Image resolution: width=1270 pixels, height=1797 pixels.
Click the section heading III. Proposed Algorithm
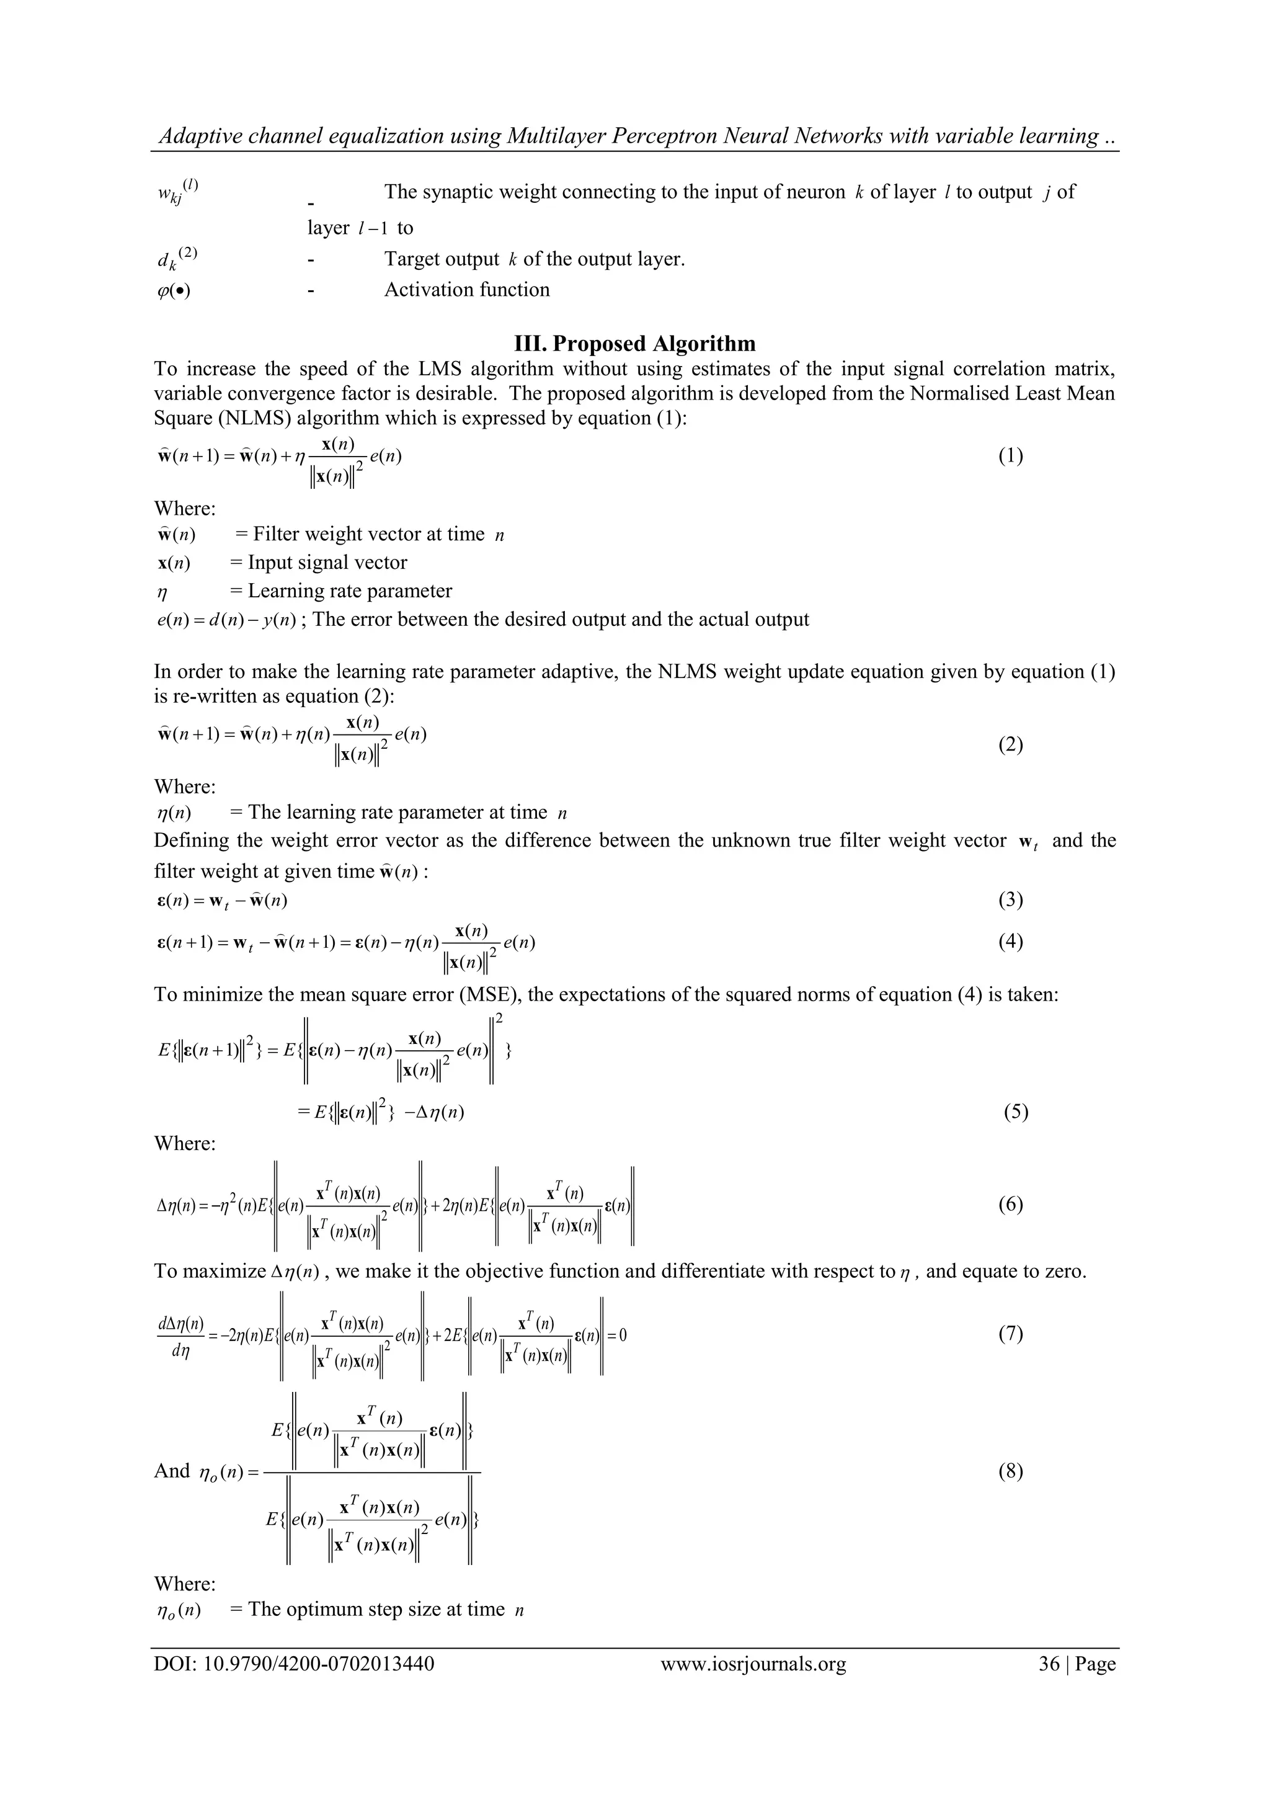[634, 344]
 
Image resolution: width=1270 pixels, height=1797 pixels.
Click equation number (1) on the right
[1010, 457]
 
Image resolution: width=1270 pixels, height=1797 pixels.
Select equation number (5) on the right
[1016, 1112]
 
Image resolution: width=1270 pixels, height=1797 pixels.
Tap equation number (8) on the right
[1010, 1471]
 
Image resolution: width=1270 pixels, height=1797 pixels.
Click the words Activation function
[466, 290]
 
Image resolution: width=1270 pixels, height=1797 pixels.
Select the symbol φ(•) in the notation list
[174, 291]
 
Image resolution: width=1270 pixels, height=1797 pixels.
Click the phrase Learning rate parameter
[350, 591]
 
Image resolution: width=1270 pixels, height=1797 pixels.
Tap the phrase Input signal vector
[327, 563]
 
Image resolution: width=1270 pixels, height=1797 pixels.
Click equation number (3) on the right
[1010, 901]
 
